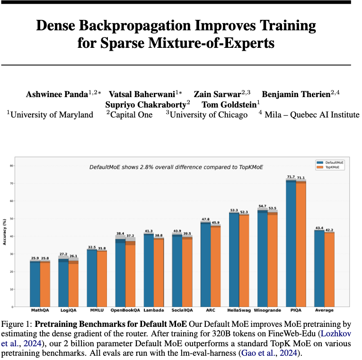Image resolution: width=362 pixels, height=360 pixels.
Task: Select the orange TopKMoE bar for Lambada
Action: pyautogui.click(x=159, y=273)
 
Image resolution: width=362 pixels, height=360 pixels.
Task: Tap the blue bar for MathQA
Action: pyautogui.click(x=35, y=284)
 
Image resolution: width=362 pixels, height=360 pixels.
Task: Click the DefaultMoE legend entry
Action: pyautogui.click(x=330, y=162)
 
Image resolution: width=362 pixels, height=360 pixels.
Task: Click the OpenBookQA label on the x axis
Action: pyautogui.click(x=125, y=310)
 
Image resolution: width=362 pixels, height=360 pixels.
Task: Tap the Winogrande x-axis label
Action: pyautogui.click(x=267, y=310)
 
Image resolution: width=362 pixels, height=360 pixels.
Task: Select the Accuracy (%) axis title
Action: pyautogui.click(x=4, y=232)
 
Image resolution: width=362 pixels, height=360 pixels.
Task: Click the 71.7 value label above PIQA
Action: pyautogui.click(x=291, y=177)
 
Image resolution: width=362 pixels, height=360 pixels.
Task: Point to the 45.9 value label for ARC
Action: pyautogui.click(x=216, y=223)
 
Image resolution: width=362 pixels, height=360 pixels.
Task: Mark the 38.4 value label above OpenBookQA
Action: pyautogui.click(x=120, y=234)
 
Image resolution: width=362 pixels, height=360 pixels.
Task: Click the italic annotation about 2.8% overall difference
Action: pyautogui.click(x=176, y=167)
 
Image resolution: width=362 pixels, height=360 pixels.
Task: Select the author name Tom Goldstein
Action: pyautogui.click(x=229, y=105)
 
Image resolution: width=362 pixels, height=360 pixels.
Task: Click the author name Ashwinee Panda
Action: pyautogui.click(x=57, y=94)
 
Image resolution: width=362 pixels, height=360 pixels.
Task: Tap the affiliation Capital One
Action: pyautogui.click(x=131, y=115)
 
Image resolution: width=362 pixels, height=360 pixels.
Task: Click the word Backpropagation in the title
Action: pyautogui.click(x=135, y=26)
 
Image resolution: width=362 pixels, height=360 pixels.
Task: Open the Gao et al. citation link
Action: pyautogui.click(x=269, y=353)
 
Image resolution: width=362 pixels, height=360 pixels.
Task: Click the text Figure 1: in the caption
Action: pyautogui.click(x=17, y=324)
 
